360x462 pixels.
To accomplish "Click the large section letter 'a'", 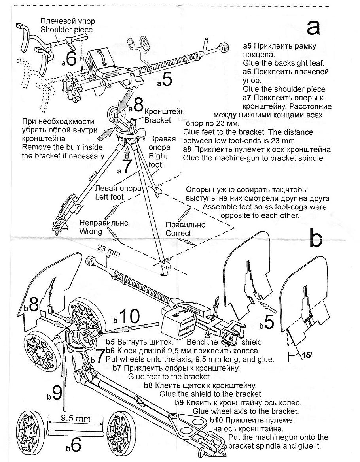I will click(318, 27).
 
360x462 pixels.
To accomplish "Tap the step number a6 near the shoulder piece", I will click(68, 59).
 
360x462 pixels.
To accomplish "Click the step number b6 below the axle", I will click(74, 445).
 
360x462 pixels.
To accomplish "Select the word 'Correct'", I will click(178, 233).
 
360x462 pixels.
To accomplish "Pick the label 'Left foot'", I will click(110, 196).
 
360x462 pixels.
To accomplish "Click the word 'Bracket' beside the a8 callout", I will click(157, 120).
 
